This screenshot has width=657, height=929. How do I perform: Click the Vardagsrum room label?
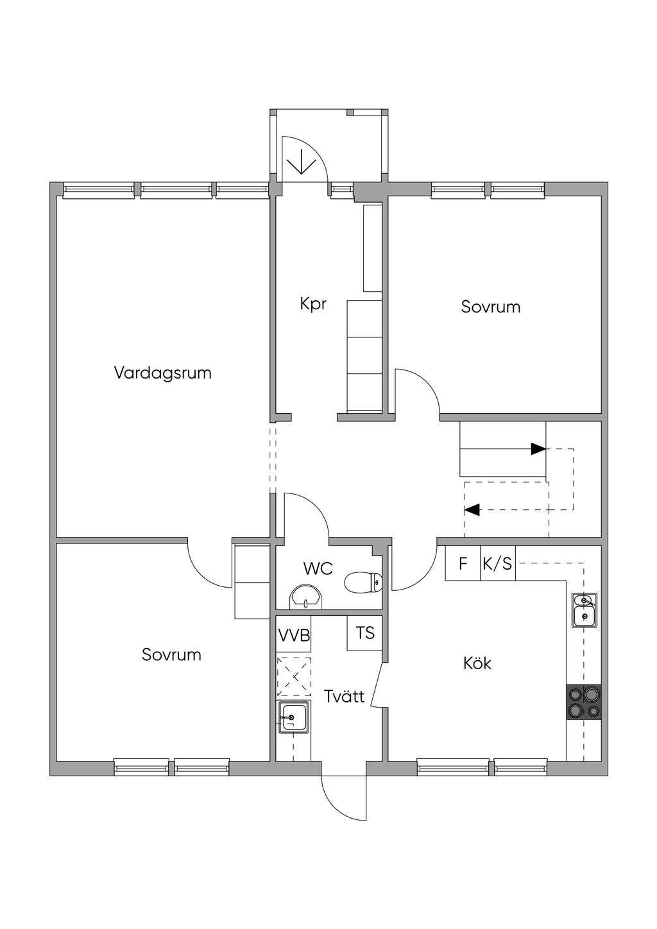click(x=162, y=373)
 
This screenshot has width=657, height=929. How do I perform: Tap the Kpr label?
click(x=313, y=304)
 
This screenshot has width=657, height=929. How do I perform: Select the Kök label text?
click(x=477, y=663)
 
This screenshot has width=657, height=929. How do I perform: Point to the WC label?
click(x=318, y=568)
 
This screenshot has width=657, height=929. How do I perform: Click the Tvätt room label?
click(x=345, y=696)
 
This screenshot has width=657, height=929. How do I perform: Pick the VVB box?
click(x=294, y=635)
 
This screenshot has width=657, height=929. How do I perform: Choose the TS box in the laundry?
click(x=364, y=633)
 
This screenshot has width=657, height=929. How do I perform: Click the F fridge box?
click(x=463, y=563)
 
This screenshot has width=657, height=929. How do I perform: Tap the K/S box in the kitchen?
click(x=498, y=563)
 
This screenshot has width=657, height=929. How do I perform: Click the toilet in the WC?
click(x=363, y=583)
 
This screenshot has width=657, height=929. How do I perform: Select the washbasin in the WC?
click(x=305, y=597)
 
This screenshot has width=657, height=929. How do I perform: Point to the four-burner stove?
click(x=584, y=702)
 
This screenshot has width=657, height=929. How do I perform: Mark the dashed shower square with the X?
click(x=294, y=677)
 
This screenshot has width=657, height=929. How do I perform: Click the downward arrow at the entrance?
click(x=301, y=161)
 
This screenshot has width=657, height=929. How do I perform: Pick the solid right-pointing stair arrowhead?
click(x=538, y=448)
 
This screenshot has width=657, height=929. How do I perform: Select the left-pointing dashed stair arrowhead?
click(x=472, y=509)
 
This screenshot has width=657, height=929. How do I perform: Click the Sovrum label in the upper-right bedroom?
click(x=491, y=307)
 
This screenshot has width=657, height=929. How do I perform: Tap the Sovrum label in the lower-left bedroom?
click(x=171, y=655)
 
